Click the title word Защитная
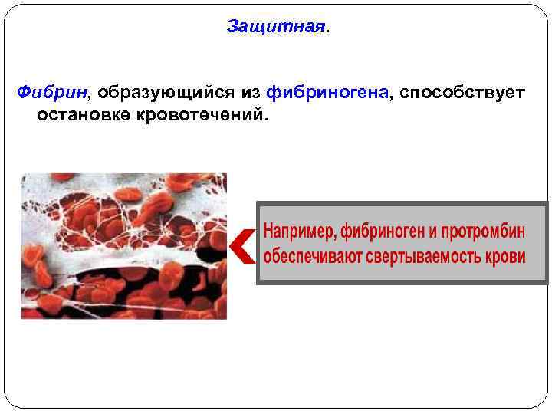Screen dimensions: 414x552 [x=275, y=27]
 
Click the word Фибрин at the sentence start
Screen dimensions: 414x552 [x=51, y=93]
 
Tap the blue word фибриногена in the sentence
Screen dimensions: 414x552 [x=328, y=93]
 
